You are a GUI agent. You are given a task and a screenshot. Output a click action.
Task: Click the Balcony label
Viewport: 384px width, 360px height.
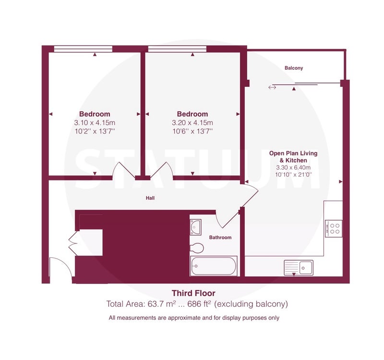294,68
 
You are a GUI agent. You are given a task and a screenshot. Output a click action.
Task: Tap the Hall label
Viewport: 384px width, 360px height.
150,198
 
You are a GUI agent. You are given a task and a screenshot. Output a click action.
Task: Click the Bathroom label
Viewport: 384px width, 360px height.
220,237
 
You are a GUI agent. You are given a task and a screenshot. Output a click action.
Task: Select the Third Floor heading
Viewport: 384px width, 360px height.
193,293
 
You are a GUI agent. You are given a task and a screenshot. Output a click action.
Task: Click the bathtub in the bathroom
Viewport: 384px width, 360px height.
214,266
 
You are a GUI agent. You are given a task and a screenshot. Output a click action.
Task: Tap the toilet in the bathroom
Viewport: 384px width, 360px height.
197,248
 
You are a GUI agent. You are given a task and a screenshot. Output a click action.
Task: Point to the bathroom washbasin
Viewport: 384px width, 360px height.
196,227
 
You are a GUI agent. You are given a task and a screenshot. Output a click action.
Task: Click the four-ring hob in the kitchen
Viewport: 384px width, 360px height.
334,228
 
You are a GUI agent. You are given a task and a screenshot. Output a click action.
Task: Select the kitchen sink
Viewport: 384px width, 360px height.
299,268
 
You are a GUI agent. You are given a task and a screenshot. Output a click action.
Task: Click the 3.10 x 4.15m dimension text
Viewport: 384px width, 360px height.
95,123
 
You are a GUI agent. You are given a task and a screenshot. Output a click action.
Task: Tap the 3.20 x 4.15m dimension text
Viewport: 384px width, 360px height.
192,123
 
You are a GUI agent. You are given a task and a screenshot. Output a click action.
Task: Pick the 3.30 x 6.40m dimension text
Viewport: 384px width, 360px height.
293,168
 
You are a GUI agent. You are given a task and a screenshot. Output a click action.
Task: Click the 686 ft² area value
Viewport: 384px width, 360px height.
199,304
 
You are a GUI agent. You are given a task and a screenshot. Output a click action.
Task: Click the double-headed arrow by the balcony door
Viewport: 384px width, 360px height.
272,87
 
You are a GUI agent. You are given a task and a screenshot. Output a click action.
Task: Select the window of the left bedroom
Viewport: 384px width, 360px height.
83,49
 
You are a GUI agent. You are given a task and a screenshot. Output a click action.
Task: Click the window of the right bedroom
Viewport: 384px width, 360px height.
178,49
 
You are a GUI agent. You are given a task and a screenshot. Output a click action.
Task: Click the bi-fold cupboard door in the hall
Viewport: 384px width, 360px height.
73,243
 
